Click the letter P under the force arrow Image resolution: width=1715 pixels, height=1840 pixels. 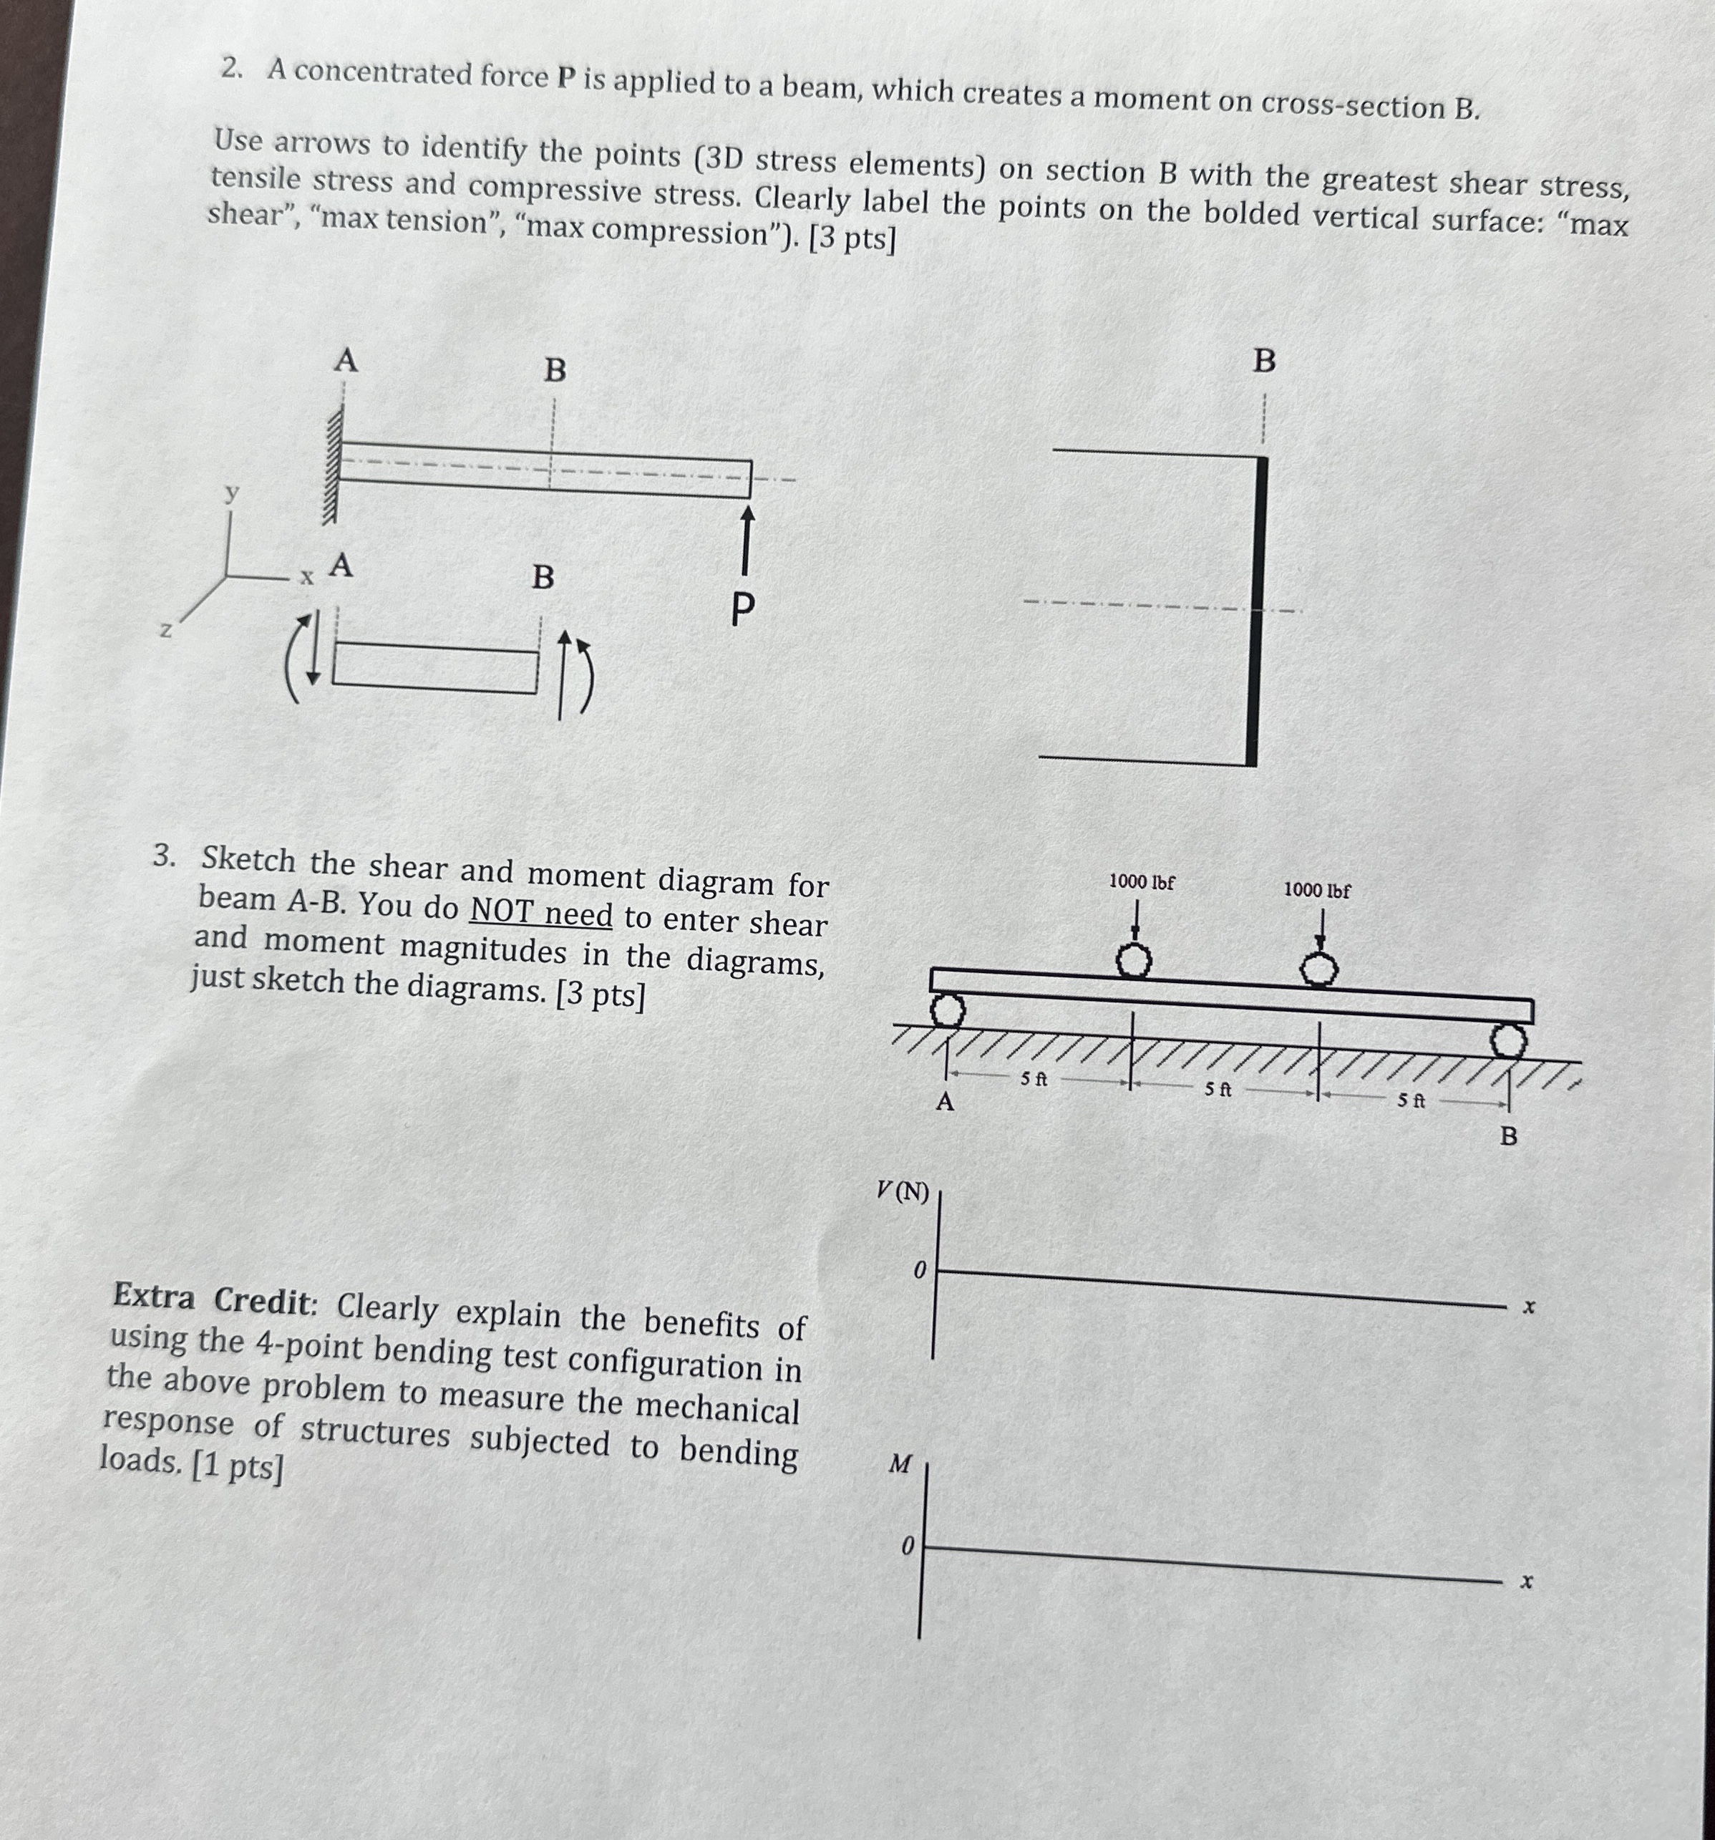[x=742, y=610]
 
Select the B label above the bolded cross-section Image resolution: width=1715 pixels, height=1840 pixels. [x=1264, y=362]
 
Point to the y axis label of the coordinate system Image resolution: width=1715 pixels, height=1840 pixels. [x=233, y=493]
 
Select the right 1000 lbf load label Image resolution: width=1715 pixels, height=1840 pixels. [x=1316, y=891]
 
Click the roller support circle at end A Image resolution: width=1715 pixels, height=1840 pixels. [x=946, y=1011]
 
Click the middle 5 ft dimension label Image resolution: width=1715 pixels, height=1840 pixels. [x=1218, y=1090]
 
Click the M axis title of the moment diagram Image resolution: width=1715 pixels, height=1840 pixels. [x=900, y=1464]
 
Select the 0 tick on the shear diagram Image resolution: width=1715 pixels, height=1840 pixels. [x=919, y=1271]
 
